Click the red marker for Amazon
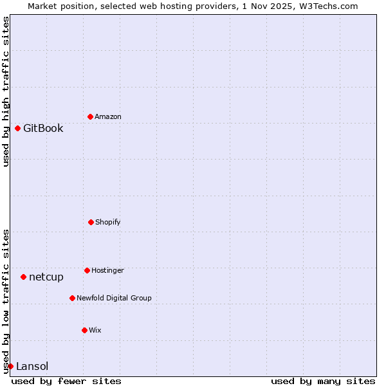[x=90, y=116]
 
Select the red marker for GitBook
[x=17, y=128]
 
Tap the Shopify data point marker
[x=91, y=222]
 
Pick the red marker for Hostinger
[x=87, y=270]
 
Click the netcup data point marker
[x=23, y=277]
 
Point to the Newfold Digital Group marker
[x=72, y=298]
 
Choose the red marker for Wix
[x=84, y=330]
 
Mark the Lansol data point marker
[x=10, y=366]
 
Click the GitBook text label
[x=43, y=128]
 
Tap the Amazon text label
[x=108, y=116]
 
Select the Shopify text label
[x=108, y=222]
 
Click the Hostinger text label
[x=107, y=270]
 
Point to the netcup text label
[x=46, y=277]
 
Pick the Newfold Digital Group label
[x=114, y=298]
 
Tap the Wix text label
[x=95, y=330]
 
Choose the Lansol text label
[x=32, y=366]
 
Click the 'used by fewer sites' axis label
[x=66, y=381]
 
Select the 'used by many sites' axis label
[x=323, y=381]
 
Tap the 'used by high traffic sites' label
[x=6, y=91]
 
